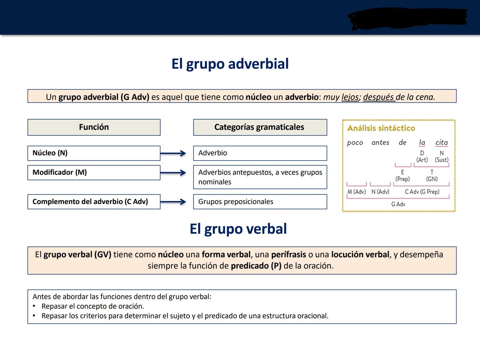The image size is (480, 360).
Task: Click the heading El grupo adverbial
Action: coord(230,64)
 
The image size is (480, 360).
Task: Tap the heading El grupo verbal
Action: coord(238,229)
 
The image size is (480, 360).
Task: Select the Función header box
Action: coord(94,127)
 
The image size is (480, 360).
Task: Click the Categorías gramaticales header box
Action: coord(260,127)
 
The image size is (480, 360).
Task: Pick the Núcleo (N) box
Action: coord(94,153)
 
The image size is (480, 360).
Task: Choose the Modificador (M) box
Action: coord(94,173)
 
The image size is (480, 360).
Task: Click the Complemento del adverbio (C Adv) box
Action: coord(94,202)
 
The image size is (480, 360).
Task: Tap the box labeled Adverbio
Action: coord(260,153)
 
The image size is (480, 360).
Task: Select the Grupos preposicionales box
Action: coord(260,202)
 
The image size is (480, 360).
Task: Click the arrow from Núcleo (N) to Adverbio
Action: coord(173,153)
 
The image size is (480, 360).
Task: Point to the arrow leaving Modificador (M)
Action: coord(173,173)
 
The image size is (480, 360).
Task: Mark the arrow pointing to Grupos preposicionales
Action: coord(173,202)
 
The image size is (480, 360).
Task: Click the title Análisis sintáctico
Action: coord(381,128)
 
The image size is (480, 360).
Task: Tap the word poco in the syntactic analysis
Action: coord(355,143)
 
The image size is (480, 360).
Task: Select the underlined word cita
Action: coord(441,143)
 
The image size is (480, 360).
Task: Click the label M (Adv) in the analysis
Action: coord(356,192)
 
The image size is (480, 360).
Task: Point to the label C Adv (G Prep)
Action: coord(422,192)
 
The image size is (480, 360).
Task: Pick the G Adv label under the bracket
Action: coord(398,204)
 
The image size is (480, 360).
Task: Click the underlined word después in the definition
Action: coord(378,97)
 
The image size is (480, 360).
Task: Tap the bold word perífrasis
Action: coord(288,255)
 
